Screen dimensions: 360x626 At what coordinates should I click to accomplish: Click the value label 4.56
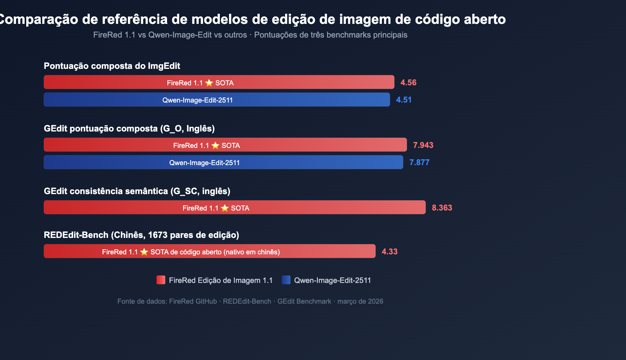(x=408, y=83)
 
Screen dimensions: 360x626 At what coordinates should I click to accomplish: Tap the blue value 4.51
(x=404, y=100)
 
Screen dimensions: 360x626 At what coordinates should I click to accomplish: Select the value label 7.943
(x=423, y=145)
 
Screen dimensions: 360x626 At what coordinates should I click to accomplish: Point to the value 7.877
(x=419, y=162)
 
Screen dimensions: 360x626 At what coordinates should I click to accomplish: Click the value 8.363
(x=442, y=208)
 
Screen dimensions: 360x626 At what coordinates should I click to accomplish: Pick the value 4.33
(x=389, y=252)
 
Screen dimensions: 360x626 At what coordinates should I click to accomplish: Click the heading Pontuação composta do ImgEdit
(x=112, y=66)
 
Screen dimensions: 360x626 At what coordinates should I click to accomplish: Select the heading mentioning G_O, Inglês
(x=129, y=128)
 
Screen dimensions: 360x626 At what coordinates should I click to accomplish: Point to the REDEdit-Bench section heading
(x=141, y=235)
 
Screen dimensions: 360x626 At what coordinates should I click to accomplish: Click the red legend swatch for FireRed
(x=161, y=280)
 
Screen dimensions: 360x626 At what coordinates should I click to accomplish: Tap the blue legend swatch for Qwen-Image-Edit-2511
(x=286, y=280)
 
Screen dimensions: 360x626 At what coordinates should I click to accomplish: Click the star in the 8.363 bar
(x=225, y=208)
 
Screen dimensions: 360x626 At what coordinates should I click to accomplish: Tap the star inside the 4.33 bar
(x=144, y=252)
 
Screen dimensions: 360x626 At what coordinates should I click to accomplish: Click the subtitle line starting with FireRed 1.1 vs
(x=250, y=35)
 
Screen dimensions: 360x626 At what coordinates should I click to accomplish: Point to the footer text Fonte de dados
(x=250, y=301)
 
